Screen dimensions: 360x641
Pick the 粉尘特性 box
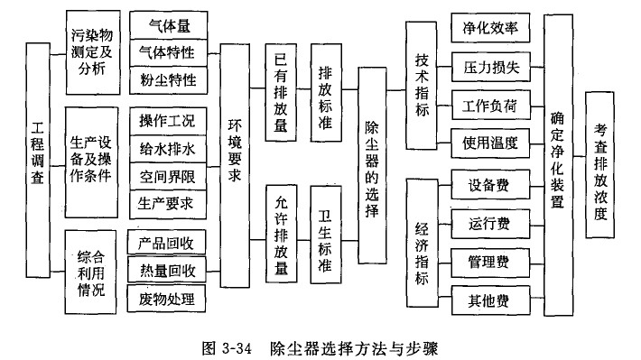(168, 79)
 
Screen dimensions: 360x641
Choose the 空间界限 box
(168, 175)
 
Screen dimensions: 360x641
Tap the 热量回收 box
(168, 269)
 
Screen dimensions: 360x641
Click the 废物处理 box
(168, 297)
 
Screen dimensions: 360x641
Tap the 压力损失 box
(491, 66)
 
